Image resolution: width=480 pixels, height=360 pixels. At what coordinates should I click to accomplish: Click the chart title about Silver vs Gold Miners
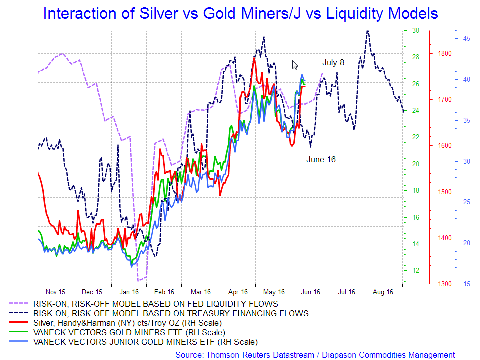tap(241, 13)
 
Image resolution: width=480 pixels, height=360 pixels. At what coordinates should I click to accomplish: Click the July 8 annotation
tap(333, 63)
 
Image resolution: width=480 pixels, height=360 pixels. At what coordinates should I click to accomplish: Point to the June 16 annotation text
tap(321, 159)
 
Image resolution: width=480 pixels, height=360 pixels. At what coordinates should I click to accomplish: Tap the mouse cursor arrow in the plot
tap(295, 65)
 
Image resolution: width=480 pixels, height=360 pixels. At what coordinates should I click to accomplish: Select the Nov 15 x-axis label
tap(55, 291)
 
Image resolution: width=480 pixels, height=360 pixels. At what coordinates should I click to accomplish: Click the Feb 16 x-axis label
tap(164, 291)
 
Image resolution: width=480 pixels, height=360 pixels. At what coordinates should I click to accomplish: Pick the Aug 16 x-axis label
tap(383, 291)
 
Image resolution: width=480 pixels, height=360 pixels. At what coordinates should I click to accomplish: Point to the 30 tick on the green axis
tap(415, 30)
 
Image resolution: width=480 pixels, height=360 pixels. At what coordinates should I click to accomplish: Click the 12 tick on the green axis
tap(415, 270)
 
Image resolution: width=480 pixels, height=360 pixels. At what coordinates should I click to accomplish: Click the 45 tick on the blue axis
tap(465, 38)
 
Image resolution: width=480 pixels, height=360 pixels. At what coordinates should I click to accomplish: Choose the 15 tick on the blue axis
tap(465, 284)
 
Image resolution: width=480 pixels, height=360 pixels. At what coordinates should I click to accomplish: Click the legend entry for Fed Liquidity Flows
tap(155, 303)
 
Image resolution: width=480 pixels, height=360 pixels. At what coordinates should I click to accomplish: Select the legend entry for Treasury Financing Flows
tap(170, 313)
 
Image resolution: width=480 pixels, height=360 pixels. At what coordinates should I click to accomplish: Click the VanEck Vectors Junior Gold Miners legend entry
tap(145, 342)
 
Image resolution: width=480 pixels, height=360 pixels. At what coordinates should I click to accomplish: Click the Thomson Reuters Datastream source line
tap(315, 354)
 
